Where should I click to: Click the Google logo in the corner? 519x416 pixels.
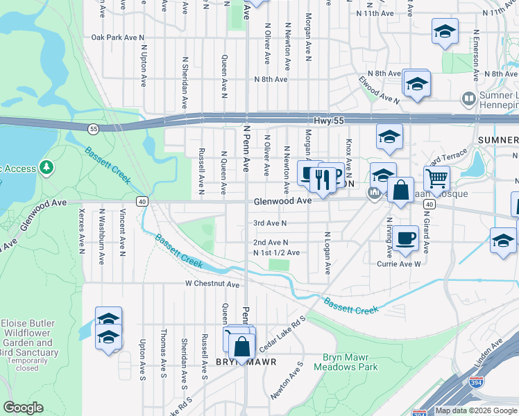point(23,408)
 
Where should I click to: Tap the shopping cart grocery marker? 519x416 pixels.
point(436,178)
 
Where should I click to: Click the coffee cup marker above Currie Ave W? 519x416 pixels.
point(407,237)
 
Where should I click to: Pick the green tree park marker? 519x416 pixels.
point(46,167)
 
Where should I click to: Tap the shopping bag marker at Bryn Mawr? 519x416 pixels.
point(241,346)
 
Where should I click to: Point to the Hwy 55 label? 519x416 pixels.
point(330,119)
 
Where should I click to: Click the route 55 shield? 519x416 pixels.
point(92,128)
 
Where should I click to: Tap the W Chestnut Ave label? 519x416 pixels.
point(212,284)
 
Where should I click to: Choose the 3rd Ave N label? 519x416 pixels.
point(270,223)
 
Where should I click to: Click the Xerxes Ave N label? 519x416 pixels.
point(82,230)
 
